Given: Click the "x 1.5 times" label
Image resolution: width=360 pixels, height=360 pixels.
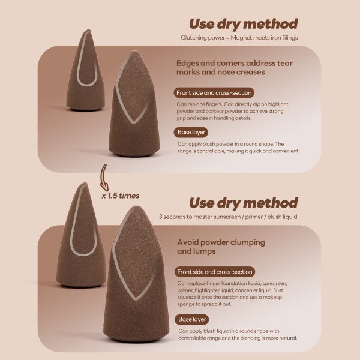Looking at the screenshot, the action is [121, 196].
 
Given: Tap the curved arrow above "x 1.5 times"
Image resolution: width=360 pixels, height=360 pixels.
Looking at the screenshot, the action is [104, 177].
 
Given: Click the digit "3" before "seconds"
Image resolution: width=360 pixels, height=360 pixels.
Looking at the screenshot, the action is [160, 217].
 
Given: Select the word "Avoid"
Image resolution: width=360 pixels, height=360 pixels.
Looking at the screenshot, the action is [188, 242].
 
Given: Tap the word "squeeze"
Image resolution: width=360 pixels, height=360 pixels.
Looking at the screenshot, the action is [187, 298].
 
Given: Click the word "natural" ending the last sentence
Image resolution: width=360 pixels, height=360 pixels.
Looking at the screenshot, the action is [288, 338].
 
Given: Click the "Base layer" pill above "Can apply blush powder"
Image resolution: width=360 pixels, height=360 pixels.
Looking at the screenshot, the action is [191, 132].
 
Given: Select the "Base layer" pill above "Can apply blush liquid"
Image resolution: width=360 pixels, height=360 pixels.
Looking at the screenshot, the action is [192, 319].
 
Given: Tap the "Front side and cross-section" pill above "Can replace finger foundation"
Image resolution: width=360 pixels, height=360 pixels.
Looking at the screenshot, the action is [215, 272].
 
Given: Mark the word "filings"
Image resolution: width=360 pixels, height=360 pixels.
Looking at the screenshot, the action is [290, 38].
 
